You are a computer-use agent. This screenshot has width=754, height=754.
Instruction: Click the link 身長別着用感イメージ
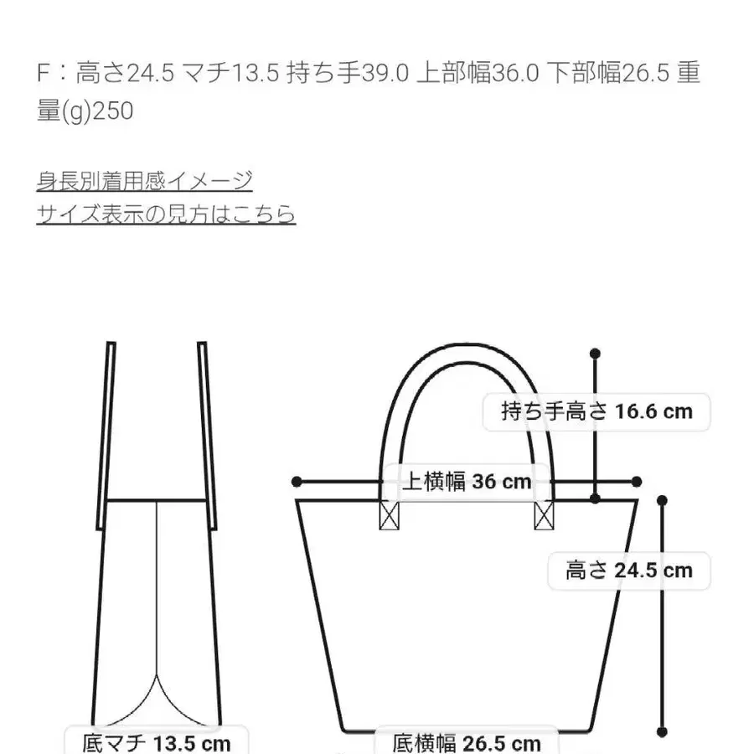pos(144,181)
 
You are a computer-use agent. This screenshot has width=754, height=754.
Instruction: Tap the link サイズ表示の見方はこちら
pos(166,214)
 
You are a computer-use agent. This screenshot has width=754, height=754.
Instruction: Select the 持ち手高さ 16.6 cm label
pos(596,411)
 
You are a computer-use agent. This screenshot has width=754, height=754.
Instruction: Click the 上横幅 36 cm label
pos(467,482)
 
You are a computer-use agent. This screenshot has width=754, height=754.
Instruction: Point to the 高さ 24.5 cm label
pos(629,571)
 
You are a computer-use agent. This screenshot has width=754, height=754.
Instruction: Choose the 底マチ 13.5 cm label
pos(157,741)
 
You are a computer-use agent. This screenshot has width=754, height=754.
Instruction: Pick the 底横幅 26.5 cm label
pos(467,741)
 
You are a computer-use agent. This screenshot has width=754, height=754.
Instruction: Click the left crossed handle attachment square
pos(389,515)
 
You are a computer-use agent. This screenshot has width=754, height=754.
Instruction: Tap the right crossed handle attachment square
pos(544,515)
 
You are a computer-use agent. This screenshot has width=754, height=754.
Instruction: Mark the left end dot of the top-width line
pos(297,482)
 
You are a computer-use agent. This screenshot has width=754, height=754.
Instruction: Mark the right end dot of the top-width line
pos(637,482)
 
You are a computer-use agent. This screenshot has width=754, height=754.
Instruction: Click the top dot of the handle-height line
pos(595,354)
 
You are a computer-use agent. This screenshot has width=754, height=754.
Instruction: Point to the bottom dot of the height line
pos(662,732)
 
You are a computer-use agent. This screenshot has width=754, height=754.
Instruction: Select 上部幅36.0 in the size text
pos(478,73)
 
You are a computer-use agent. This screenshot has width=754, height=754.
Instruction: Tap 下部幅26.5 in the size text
pos(608,73)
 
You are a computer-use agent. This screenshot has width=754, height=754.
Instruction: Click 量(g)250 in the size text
pos(85,111)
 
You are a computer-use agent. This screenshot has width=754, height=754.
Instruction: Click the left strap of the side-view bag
pos(106,436)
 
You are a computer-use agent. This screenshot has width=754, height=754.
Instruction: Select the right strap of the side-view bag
pos(207,436)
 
